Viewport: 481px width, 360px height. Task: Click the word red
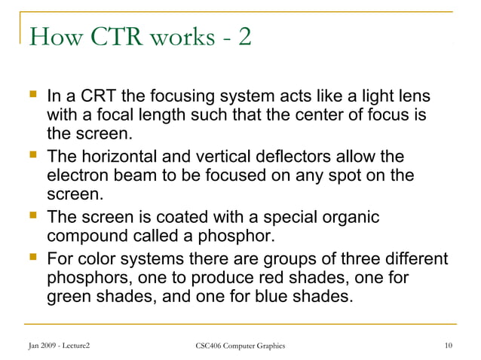tap(274, 279)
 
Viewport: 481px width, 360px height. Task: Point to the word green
tap(69, 298)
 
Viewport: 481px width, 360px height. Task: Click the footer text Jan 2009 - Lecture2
tap(58, 346)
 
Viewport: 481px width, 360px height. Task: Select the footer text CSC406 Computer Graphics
tap(240, 346)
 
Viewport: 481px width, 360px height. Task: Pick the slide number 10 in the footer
tap(449, 346)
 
